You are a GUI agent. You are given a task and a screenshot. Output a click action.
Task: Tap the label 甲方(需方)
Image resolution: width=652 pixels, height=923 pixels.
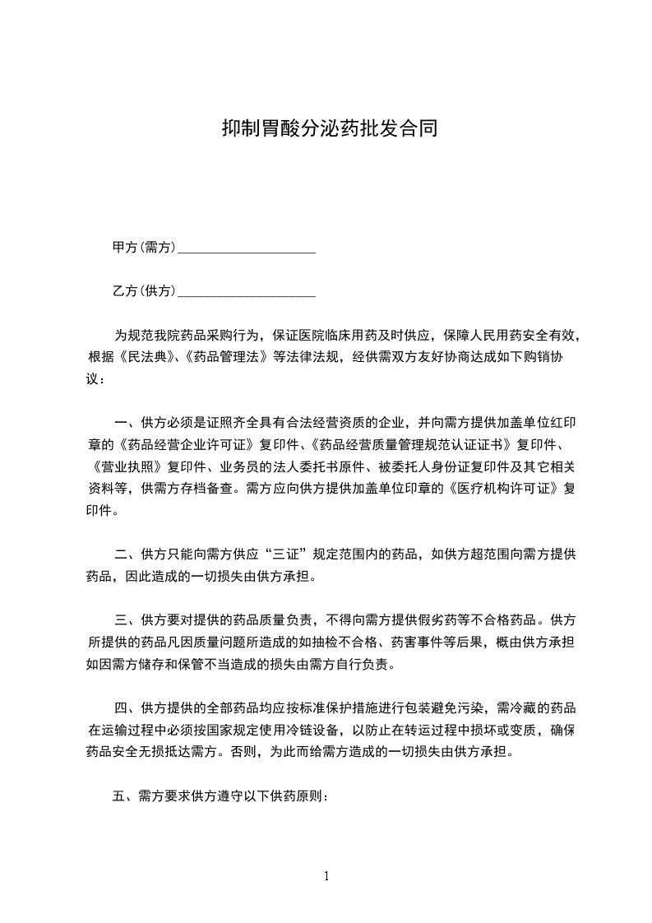(145, 247)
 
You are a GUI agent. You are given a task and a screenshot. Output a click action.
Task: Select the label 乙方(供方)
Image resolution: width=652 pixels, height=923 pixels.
(145, 290)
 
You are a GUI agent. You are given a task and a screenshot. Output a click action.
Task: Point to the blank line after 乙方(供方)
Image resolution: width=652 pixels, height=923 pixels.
(247, 294)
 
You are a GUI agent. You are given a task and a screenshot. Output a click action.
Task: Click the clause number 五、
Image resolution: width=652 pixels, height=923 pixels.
(123, 795)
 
